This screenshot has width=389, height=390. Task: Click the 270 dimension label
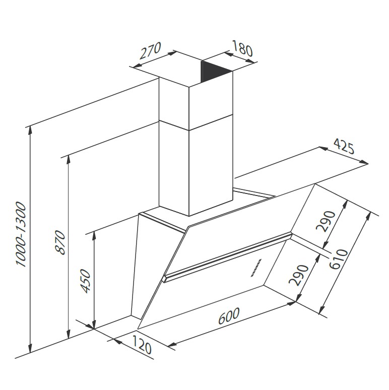coord(150,51)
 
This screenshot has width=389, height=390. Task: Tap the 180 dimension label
coord(242,48)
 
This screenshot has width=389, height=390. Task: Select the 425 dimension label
coord(344,147)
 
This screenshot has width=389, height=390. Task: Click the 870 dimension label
coord(60,242)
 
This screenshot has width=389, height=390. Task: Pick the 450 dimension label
coord(86,281)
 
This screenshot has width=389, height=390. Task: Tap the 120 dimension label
coord(141,345)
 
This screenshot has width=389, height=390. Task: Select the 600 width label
coord(229,316)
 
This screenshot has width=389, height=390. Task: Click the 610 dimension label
coord(339,259)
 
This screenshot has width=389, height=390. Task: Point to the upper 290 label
coord(326,221)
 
